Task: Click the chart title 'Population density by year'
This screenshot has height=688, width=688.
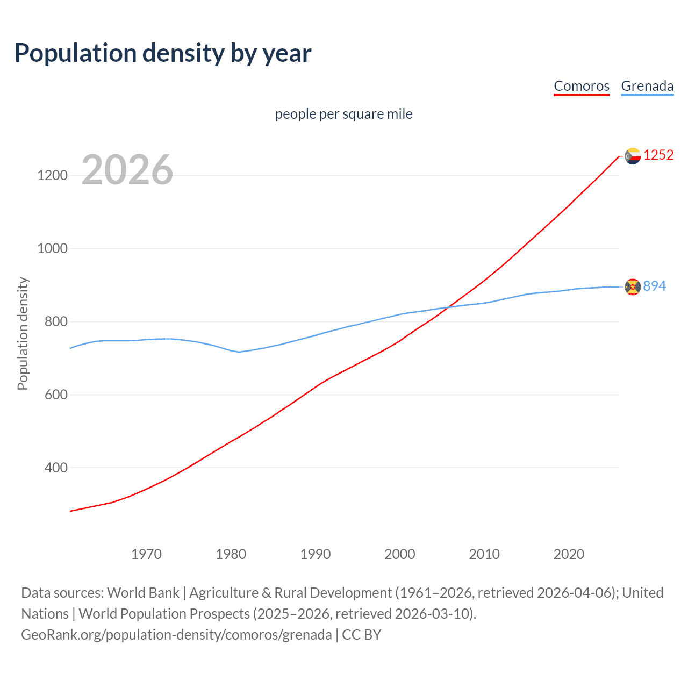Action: [x=163, y=53]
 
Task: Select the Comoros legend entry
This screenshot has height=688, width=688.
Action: [x=582, y=86]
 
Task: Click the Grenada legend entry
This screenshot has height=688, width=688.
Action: [x=647, y=86]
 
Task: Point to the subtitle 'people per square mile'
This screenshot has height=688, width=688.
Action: [x=344, y=114]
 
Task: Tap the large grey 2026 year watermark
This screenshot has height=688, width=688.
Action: [x=127, y=170]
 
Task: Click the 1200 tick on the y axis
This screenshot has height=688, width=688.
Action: [x=53, y=175]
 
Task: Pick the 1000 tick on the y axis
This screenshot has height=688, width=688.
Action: [x=53, y=248]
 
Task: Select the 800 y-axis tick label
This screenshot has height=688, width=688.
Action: [x=56, y=321]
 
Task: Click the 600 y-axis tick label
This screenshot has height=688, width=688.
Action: [x=56, y=395]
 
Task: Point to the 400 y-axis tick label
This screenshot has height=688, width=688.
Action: [x=56, y=468]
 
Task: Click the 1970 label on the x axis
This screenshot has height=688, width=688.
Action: [x=146, y=554]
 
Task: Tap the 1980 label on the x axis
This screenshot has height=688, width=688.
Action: [x=231, y=554]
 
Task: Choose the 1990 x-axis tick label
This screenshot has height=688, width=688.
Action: [x=316, y=554]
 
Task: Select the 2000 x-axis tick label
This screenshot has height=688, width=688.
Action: [x=400, y=554]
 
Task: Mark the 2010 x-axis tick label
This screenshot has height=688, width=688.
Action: [x=484, y=554]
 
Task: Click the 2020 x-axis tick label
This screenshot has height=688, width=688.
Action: [x=569, y=554]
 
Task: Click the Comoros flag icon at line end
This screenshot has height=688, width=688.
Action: [x=633, y=156]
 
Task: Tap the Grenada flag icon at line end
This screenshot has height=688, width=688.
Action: [x=633, y=287]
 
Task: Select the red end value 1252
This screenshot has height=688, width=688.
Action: [x=658, y=155]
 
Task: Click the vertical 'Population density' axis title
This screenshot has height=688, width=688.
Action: [x=23, y=333]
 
